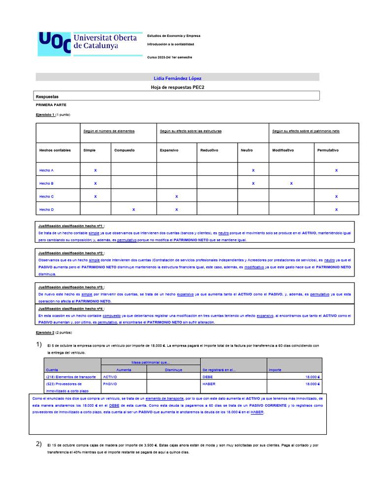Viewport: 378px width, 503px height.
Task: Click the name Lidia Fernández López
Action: (x=178, y=78)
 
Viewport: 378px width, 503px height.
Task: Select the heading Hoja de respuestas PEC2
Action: (x=178, y=87)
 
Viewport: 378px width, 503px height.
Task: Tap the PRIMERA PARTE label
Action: (x=51, y=105)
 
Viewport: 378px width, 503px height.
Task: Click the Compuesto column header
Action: (x=125, y=150)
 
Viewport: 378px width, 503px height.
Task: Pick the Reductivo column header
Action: (x=209, y=150)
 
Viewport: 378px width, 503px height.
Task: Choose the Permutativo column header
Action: (x=328, y=150)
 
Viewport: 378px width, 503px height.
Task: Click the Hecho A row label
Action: (x=46, y=170)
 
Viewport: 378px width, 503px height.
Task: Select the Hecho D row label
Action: (x=46, y=209)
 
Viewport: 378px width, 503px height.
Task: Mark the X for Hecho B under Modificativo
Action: (x=291, y=183)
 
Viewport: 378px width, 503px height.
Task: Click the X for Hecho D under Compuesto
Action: (x=133, y=209)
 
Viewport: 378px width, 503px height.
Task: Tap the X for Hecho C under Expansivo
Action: (x=177, y=196)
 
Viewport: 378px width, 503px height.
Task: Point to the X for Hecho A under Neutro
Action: (x=253, y=170)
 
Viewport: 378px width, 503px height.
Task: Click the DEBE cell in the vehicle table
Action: (x=208, y=377)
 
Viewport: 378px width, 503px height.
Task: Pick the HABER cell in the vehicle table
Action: (x=209, y=384)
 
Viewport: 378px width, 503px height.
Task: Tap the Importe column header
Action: (x=275, y=369)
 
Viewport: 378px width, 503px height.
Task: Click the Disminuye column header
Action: (x=173, y=369)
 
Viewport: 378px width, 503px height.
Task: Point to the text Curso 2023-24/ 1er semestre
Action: (x=170, y=57)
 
